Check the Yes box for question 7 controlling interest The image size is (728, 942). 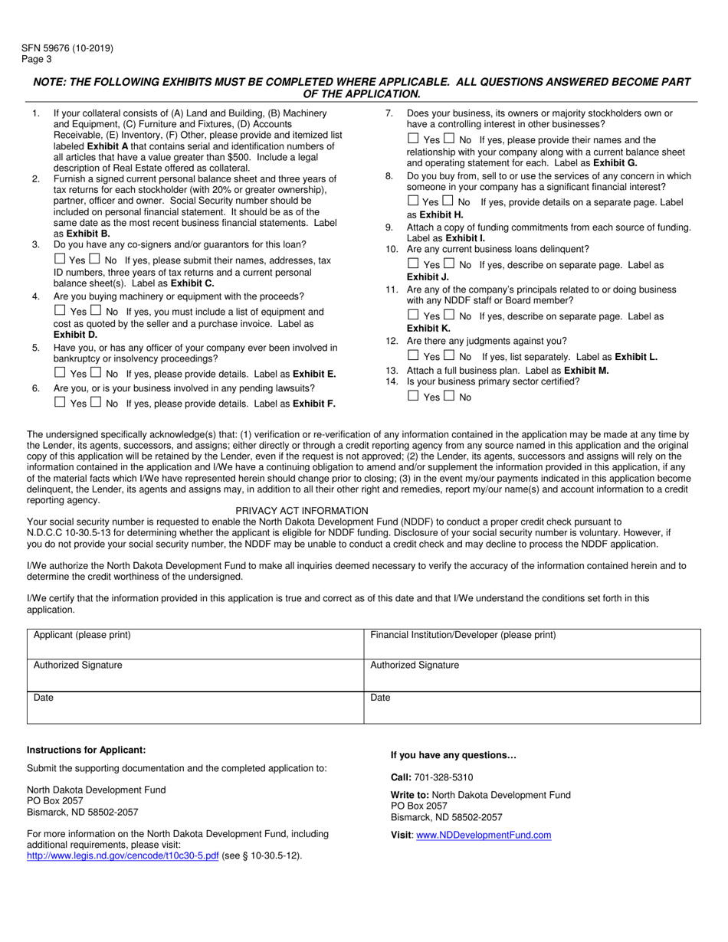coord(413,139)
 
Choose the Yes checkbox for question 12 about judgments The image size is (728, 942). coord(413,355)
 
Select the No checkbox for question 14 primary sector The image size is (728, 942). coord(448,396)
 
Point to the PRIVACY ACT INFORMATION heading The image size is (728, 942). coord(302,510)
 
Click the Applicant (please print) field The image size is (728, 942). coord(195,643)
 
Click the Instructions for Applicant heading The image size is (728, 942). coord(86,750)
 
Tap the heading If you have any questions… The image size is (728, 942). coord(454,755)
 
